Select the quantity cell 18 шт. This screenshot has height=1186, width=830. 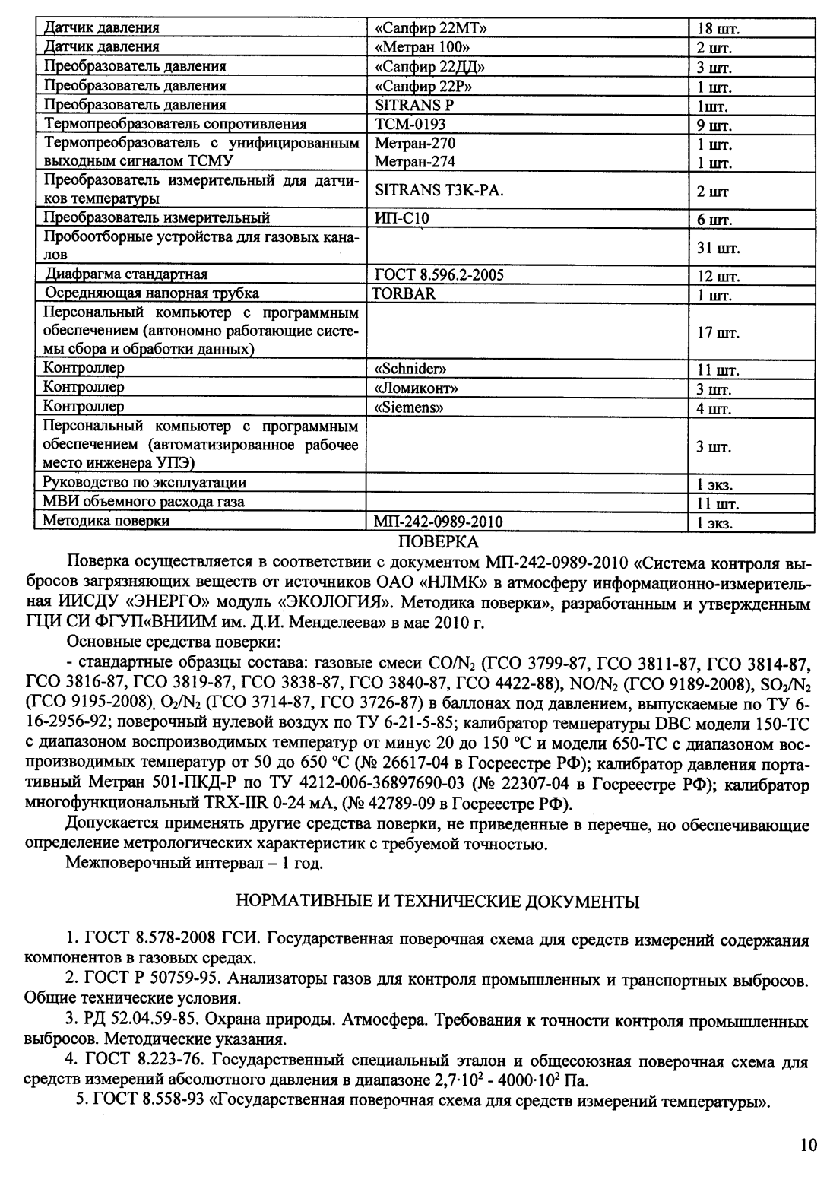(x=718, y=30)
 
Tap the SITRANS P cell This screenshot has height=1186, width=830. (x=414, y=105)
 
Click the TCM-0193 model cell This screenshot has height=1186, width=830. (x=410, y=124)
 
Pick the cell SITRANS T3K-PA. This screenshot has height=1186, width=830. (x=439, y=191)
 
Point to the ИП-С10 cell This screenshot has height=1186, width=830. (x=402, y=219)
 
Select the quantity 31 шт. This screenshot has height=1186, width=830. (x=718, y=248)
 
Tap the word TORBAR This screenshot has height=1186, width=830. (x=404, y=293)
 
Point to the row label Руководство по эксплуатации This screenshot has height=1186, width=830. (x=144, y=483)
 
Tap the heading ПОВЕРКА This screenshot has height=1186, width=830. (x=439, y=542)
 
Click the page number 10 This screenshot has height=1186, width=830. (x=807, y=1145)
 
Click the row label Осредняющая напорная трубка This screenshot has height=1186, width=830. (x=152, y=293)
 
